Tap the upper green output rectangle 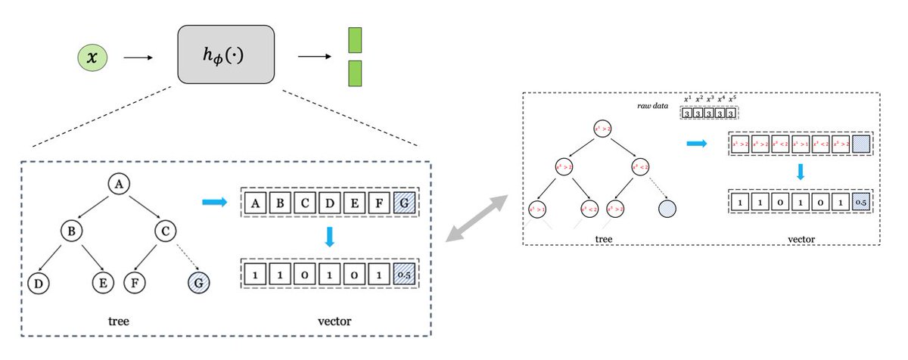355,40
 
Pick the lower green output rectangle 355,73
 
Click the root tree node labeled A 117,183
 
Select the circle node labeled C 166,231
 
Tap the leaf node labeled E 104,284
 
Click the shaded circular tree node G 198,284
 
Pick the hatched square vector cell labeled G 406,203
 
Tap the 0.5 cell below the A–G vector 406,272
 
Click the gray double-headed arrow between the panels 476,218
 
